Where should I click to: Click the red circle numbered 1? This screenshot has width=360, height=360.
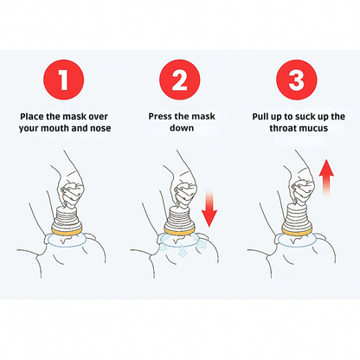tap(63, 80)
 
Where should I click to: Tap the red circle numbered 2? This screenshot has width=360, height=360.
tap(180, 80)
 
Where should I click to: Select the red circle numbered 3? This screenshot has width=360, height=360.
tap(296, 80)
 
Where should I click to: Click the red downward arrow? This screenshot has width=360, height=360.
tap(209, 209)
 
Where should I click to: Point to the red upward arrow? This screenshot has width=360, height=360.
tap(326, 177)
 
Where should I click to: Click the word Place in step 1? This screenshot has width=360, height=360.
tap(32, 117)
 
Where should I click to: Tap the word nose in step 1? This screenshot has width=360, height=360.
tap(100, 128)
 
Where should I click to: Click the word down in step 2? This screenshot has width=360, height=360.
tap(182, 128)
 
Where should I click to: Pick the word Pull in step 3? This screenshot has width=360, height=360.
tap(261, 117)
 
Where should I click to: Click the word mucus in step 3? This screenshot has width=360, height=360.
tap(314, 128)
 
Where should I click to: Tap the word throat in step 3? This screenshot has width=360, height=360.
tap(284, 128)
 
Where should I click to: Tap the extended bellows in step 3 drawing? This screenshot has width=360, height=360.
tap(297, 214)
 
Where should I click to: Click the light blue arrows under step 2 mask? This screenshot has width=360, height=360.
tap(183, 246)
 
